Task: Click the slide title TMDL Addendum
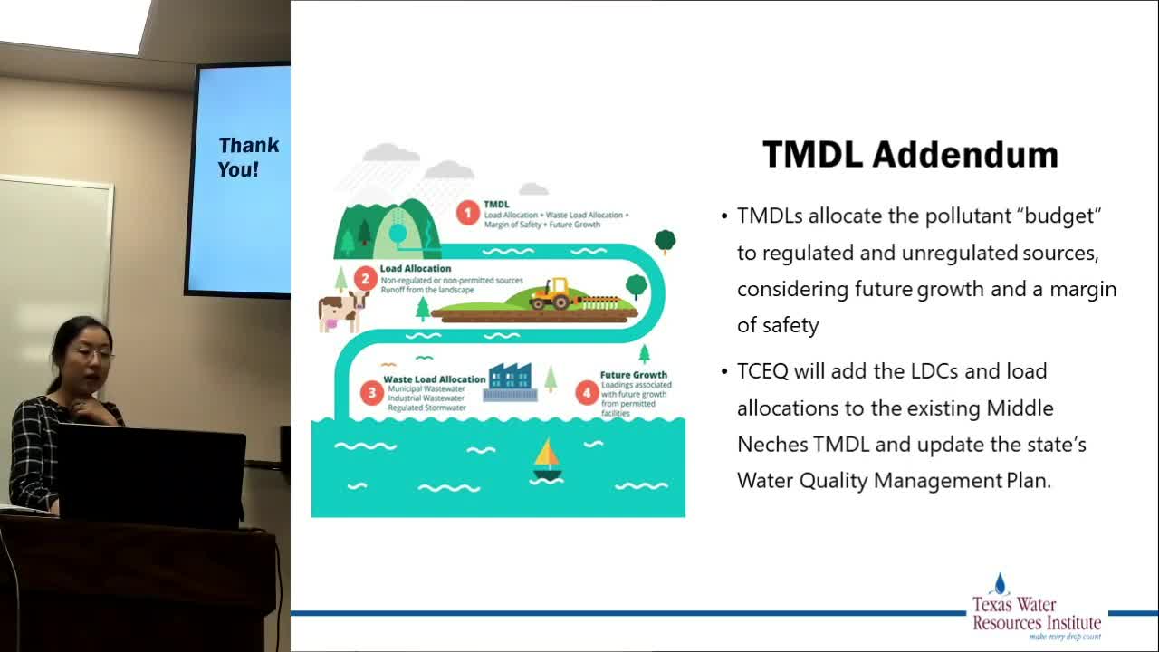click(910, 155)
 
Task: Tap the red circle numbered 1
click(467, 214)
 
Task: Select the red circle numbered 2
click(365, 278)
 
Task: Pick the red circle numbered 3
click(371, 392)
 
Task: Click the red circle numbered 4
click(587, 392)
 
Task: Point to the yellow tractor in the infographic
click(550, 294)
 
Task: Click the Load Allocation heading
click(415, 269)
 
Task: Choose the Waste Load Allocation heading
click(435, 379)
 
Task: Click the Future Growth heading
click(633, 374)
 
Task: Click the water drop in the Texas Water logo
click(1000, 584)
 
